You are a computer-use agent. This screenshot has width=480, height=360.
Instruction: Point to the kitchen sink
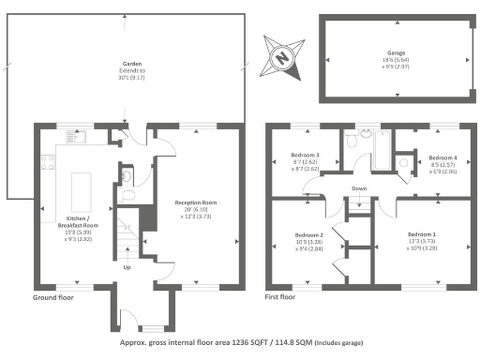click(x=76, y=139)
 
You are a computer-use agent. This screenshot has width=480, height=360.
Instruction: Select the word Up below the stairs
click(x=128, y=267)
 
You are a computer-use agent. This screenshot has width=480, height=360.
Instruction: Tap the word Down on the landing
click(x=358, y=188)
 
